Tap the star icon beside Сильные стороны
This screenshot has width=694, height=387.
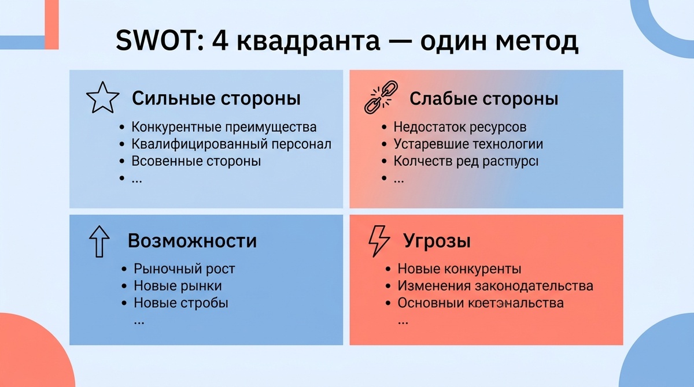click(102, 98)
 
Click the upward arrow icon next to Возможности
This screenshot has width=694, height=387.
click(99, 241)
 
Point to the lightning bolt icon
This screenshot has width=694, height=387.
click(379, 241)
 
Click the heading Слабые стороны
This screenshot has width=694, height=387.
click(483, 99)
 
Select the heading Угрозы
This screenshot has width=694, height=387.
click(437, 241)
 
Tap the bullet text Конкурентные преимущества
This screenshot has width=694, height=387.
click(224, 127)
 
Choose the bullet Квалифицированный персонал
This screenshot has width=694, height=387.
click(231, 144)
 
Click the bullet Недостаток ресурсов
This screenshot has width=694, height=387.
click(460, 127)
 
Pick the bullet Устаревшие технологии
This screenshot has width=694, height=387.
click(468, 144)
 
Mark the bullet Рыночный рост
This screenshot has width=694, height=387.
click(184, 269)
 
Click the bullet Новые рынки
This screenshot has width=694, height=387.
click(178, 286)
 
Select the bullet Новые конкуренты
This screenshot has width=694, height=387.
click(459, 269)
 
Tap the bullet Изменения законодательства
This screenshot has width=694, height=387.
click(495, 286)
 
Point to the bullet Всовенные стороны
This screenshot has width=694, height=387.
click(196, 161)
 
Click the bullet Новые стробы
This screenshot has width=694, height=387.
click(180, 303)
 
